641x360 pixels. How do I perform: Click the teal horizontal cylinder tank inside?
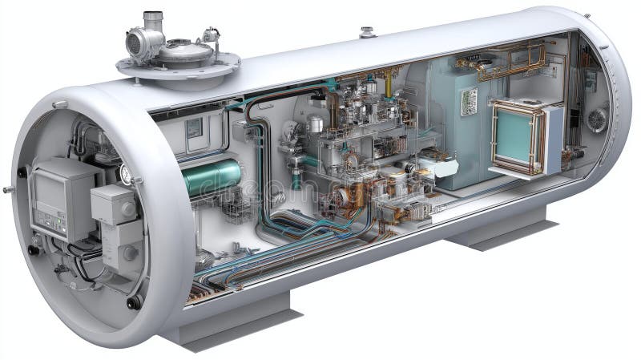(212, 178)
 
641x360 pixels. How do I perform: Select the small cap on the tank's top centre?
(368, 33)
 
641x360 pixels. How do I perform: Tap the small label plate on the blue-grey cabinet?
(469, 100)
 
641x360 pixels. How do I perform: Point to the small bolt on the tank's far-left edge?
(7, 190)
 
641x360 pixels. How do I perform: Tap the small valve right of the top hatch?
(211, 35)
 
